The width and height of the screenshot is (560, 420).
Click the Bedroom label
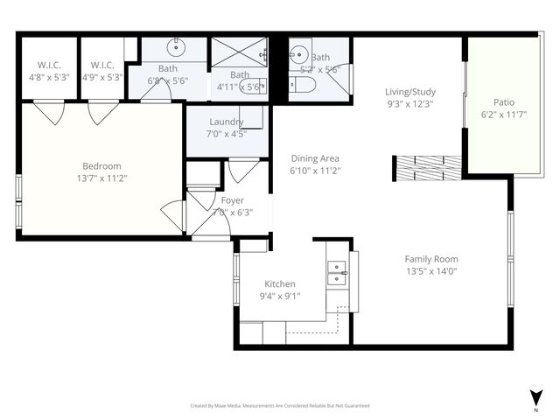click(101, 166)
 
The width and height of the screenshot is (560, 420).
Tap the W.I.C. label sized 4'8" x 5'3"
click(48, 65)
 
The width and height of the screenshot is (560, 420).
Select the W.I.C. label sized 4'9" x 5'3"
click(102, 65)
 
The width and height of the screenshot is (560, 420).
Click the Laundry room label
click(226, 122)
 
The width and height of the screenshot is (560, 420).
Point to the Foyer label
click(233, 200)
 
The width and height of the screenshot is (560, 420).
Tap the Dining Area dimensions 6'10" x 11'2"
click(315, 171)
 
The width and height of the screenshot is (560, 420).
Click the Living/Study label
click(410, 92)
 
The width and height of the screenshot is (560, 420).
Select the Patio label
click(504, 102)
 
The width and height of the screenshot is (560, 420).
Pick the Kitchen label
click(280, 283)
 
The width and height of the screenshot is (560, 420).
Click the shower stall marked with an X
click(239, 51)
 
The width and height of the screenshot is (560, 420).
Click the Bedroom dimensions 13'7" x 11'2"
click(101, 178)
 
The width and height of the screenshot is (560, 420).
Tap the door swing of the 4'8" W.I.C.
click(48, 112)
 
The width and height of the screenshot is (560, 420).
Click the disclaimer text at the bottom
click(280, 406)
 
